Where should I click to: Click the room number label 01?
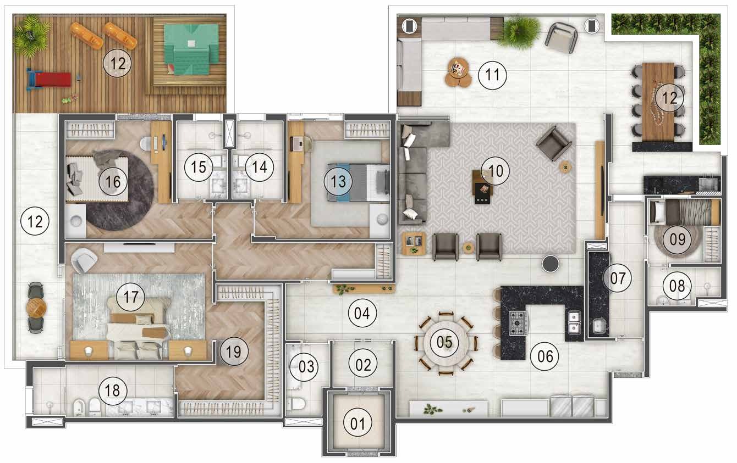(x=358, y=423)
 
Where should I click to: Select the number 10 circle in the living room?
(x=495, y=170)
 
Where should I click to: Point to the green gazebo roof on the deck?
(x=190, y=52)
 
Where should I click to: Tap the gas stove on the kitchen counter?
(x=519, y=322)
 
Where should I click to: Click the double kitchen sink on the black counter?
(x=573, y=323)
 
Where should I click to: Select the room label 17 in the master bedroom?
(x=130, y=297)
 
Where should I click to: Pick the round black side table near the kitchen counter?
(x=551, y=264)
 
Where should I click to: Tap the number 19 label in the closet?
(x=234, y=352)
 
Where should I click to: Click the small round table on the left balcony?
(x=36, y=308)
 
